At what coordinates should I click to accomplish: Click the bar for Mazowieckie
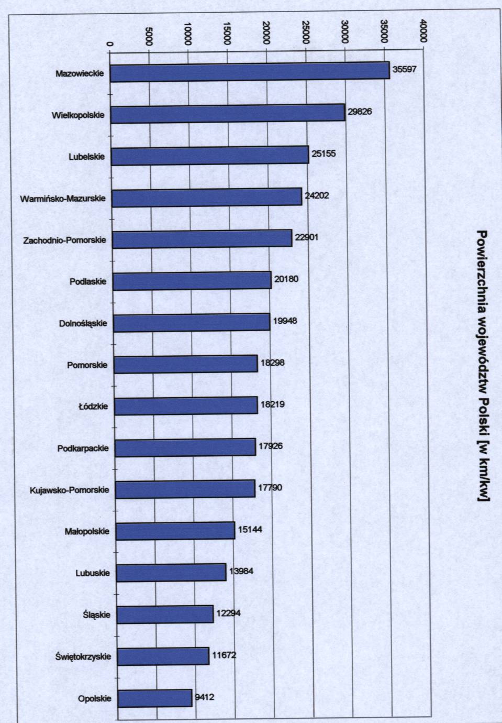click(250, 72)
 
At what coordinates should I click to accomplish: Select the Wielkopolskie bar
click(228, 114)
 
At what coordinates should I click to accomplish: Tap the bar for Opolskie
click(154, 698)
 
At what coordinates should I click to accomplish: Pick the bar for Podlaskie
click(192, 281)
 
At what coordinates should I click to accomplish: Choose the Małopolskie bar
click(175, 531)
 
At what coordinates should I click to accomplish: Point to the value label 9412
click(204, 697)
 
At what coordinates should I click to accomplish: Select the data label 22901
click(306, 237)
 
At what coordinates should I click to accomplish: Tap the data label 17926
click(271, 446)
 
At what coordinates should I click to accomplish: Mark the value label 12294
click(228, 612)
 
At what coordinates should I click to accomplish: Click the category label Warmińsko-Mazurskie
click(63, 199)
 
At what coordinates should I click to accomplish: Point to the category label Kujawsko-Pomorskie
click(70, 490)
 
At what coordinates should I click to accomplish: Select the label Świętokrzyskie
click(83, 656)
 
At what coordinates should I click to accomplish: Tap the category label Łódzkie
click(93, 406)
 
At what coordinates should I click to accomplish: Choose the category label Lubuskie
click(93, 573)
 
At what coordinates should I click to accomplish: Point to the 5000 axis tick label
click(149, 36)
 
